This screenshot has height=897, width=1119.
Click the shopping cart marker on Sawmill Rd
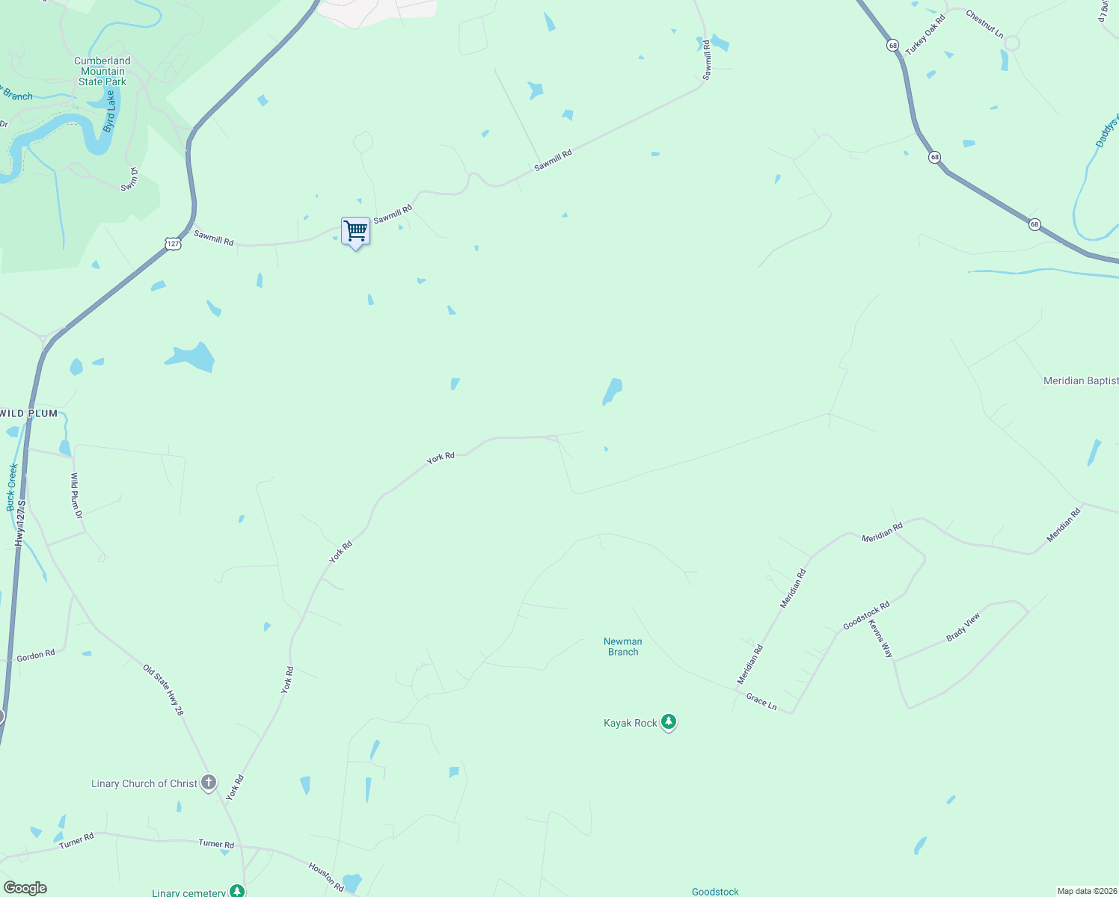click(355, 231)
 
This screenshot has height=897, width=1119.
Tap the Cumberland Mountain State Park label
click(102, 72)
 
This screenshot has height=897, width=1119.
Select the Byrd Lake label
click(111, 111)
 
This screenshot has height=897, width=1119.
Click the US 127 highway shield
click(173, 244)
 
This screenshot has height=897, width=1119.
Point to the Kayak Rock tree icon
click(669, 722)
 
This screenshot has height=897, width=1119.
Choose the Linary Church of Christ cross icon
click(209, 783)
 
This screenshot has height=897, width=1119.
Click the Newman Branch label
click(623, 647)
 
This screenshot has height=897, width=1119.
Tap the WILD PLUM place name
click(29, 413)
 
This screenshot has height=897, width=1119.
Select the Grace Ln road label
click(761, 701)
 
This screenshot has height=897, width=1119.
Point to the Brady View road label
click(963, 627)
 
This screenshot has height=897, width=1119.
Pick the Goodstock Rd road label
click(866, 615)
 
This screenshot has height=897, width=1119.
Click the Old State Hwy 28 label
click(163, 691)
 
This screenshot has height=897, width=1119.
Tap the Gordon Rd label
click(36, 656)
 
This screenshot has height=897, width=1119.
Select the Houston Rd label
click(326, 876)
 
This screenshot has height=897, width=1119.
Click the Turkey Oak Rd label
click(925, 35)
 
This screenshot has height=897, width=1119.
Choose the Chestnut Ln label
click(984, 24)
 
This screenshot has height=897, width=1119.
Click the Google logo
click(25, 888)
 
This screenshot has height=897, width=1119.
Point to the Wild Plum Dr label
click(76, 496)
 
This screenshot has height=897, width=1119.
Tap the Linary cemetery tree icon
click(237, 891)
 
